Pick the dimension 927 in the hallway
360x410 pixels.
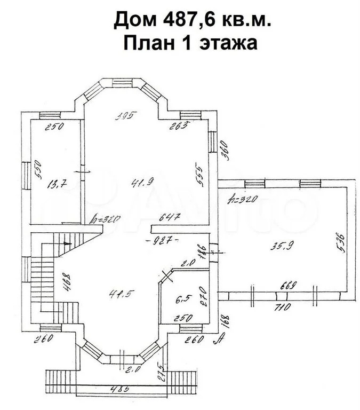(163, 240)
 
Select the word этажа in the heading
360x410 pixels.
(230, 43)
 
